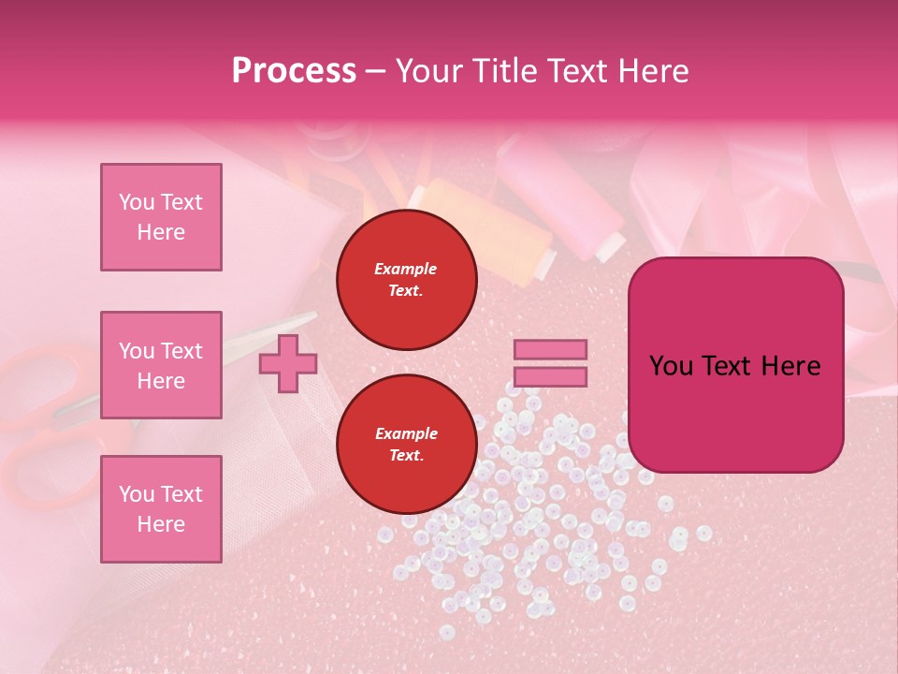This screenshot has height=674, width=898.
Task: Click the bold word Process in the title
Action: point(294,71)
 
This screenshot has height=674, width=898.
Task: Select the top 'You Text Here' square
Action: point(161,217)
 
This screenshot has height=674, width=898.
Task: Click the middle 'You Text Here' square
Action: point(161,365)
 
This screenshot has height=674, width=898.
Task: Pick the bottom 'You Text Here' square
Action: point(161,509)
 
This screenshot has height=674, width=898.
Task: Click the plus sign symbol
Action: point(287,364)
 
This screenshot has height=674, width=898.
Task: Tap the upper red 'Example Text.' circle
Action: point(406,280)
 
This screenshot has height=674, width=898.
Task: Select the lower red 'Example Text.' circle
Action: point(406,445)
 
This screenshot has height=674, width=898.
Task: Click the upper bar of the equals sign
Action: point(551,350)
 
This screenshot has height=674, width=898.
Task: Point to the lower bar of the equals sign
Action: point(551,376)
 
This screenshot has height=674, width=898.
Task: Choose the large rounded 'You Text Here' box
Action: point(735,365)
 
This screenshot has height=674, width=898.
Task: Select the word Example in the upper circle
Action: point(406,270)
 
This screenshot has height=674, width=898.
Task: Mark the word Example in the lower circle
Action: point(406,434)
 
